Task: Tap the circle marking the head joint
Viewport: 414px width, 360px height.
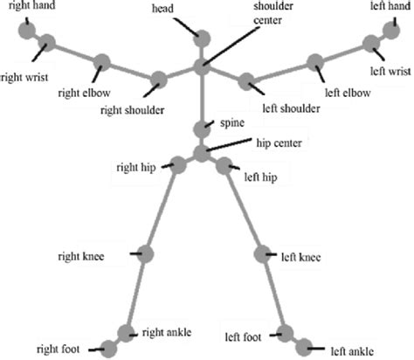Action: pyautogui.click(x=203, y=38)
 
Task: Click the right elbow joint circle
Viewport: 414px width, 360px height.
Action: pyautogui.click(x=101, y=63)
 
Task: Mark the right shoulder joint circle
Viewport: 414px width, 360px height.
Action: pyautogui.click(x=158, y=80)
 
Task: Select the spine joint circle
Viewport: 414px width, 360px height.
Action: pyautogui.click(x=202, y=128)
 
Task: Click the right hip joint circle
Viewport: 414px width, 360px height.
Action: pyautogui.click(x=178, y=163)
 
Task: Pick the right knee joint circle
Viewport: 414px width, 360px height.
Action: pyautogui.click(x=146, y=254)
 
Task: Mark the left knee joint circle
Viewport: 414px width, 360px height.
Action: pyautogui.click(x=263, y=254)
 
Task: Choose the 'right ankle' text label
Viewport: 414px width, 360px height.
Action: pyautogui.click(x=166, y=333)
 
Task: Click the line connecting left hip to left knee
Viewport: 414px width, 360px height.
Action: pyautogui.click(x=245, y=209)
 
